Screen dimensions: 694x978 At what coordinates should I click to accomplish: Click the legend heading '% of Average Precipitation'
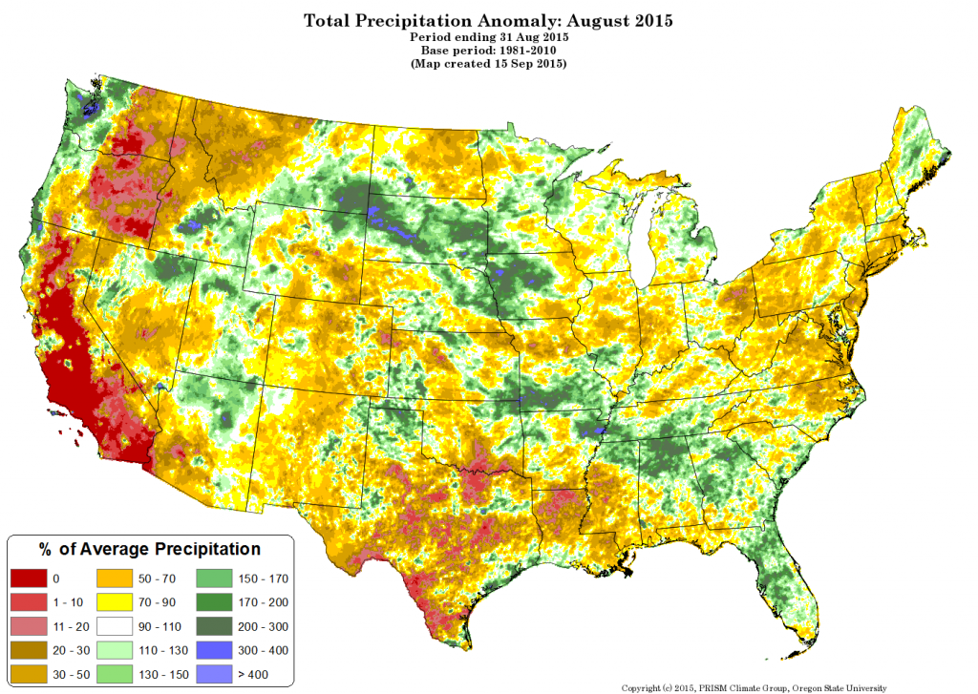click(x=149, y=549)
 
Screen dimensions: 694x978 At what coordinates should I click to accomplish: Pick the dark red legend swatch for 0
click(x=29, y=578)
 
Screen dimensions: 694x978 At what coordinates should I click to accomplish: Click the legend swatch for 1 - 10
click(x=29, y=602)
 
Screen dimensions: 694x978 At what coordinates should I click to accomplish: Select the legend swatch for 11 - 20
click(x=29, y=626)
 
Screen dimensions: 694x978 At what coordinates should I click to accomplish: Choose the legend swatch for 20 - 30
click(x=29, y=650)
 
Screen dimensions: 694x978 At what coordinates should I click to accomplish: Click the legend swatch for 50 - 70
click(x=117, y=578)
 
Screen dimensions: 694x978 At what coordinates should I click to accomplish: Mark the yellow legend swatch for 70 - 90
click(x=117, y=602)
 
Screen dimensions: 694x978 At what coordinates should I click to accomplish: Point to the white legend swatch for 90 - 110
click(x=117, y=626)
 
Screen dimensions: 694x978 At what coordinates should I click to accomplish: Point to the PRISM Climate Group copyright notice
click(x=754, y=687)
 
